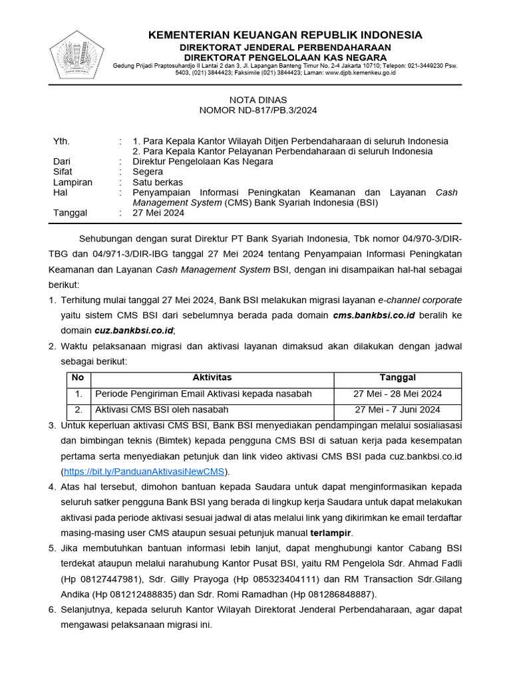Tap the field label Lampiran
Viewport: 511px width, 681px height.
73,182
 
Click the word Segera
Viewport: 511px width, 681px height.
148,172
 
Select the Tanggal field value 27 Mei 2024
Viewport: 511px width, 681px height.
158,213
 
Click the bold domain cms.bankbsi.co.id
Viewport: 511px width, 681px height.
374,315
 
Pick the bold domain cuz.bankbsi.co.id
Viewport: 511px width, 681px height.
134,330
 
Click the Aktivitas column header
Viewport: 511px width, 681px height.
212,378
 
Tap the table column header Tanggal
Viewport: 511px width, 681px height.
397,378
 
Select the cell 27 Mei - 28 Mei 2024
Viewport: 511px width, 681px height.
397,394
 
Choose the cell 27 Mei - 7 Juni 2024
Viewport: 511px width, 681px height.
397,410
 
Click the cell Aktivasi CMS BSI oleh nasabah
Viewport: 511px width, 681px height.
162,410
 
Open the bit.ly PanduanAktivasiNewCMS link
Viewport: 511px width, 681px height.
144,472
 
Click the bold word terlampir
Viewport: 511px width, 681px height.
332,533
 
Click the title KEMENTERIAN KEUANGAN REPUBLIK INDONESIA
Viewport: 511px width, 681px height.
285,35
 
